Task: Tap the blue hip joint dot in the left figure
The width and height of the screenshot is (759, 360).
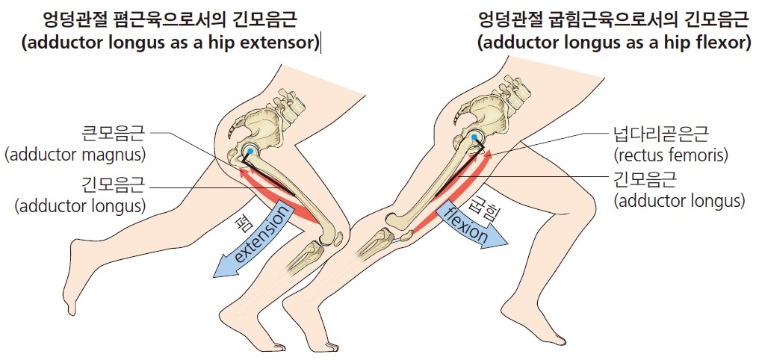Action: [250, 152]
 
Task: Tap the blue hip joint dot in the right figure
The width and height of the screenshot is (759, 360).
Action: [474, 137]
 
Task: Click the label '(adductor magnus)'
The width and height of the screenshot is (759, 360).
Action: [75, 155]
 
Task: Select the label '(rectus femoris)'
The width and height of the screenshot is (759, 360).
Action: [670, 156]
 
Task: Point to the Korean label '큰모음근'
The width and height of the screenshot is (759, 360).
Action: [115, 133]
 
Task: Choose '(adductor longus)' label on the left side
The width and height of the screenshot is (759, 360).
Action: [81, 207]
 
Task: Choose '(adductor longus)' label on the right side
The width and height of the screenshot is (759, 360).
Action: [679, 200]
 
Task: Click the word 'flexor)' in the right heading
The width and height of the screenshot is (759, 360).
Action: [722, 43]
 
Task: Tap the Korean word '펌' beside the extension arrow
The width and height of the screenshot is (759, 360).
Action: [238, 225]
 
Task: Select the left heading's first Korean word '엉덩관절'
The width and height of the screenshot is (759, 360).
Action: [69, 20]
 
